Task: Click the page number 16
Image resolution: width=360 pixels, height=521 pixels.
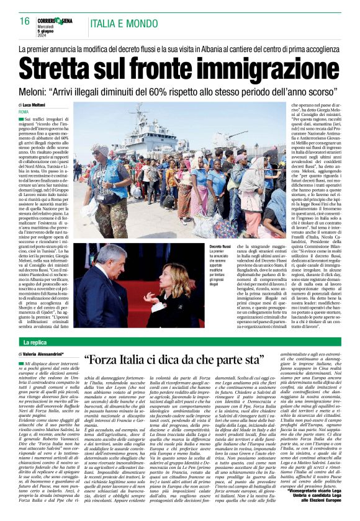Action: pyautogui.click(x=25, y=21)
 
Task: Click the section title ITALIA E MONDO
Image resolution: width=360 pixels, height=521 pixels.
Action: pyautogui.click(x=124, y=24)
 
